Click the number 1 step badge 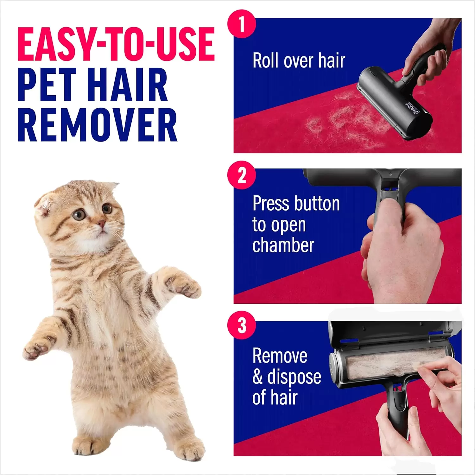click(242, 24)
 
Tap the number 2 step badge click(242, 175)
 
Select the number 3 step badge click(242, 325)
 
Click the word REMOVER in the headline click(97, 125)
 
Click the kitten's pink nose click(101, 224)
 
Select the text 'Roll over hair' click(299, 60)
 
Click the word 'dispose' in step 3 click(294, 377)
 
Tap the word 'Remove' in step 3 click(280, 356)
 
